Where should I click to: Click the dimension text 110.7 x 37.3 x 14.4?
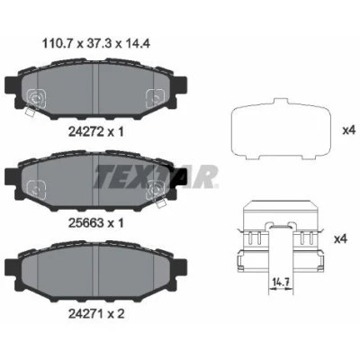click(96, 44)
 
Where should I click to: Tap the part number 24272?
click(86, 131)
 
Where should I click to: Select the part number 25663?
click(86, 223)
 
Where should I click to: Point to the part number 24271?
click(86, 314)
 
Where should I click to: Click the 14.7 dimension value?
click(281, 282)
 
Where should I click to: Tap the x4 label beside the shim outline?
click(349, 130)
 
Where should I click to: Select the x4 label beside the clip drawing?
click(340, 238)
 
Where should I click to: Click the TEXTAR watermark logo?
click(156, 176)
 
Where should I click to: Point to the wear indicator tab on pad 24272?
click(30, 112)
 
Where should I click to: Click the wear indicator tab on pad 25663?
click(161, 203)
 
